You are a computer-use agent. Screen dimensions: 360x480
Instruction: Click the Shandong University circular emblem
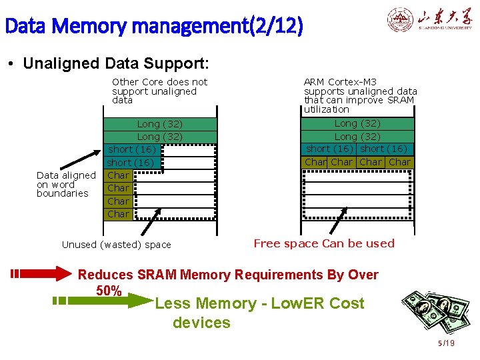coord(400,20)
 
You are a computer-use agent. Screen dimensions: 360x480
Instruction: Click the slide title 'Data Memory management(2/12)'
coord(153,27)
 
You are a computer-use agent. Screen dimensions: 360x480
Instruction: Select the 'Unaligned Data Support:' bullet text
coord(116,63)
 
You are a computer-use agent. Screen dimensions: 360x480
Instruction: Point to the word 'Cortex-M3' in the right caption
coord(352,82)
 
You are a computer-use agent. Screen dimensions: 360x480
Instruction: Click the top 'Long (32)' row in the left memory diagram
coord(160,124)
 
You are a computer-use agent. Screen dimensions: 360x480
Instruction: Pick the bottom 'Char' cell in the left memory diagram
coord(118,214)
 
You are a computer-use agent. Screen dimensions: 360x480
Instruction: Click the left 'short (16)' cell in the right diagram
coord(329,149)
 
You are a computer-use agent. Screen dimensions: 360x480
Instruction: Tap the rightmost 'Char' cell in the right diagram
coord(399,162)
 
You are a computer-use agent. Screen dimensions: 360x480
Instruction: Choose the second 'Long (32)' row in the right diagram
coord(357,137)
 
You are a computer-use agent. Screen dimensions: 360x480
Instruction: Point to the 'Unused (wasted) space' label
coord(117,245)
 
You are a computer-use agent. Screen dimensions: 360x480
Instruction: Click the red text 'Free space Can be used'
coord(324,243)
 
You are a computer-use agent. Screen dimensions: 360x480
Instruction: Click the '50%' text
coord(109,291)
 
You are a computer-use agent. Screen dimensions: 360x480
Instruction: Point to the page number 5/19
coord(446,343)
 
